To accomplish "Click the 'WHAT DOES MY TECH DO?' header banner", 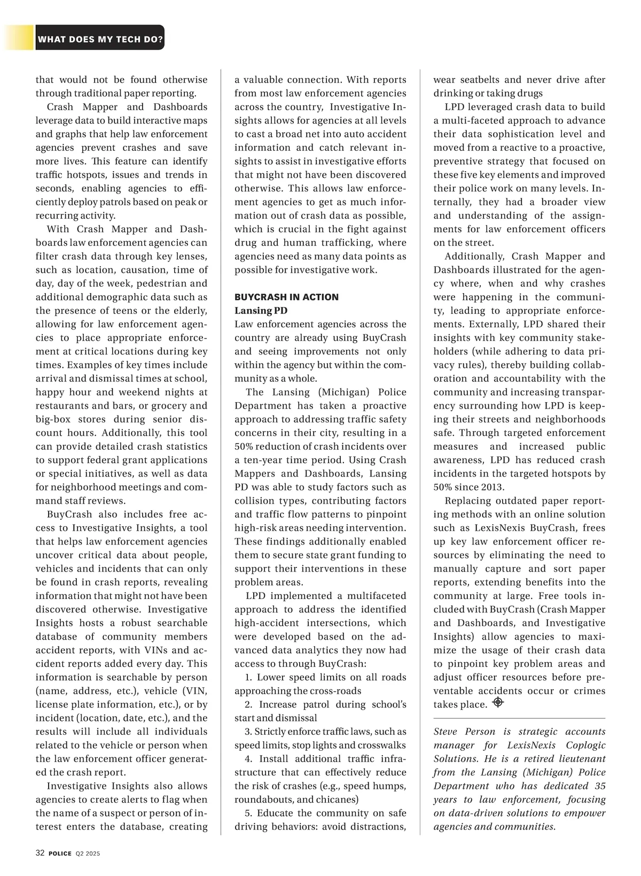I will tap(100, 39).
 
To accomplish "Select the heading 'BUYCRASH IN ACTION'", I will tap(286, 297).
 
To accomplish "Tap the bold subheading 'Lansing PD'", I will tap(261, 311).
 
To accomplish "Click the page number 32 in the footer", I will tap(40, 853).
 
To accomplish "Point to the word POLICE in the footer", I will tap(60, 854).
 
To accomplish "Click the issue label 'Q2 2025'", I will tap(88, 854).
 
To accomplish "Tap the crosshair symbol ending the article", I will tap(498, 702).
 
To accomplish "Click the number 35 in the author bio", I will tap(599, 786).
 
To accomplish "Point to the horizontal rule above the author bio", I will tap(519, 718).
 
